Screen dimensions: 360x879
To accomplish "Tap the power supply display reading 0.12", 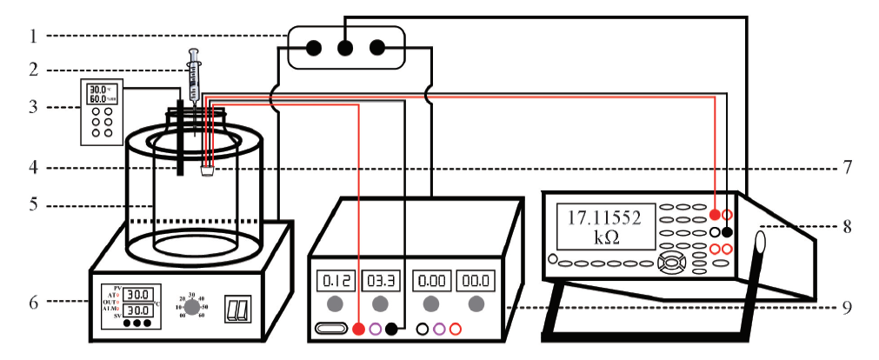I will pyautogui.click(x=334, y=281).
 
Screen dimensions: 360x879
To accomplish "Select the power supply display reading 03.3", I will pyautogui.click(x=379, y=281).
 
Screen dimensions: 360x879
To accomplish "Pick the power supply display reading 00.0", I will pyautogui.click(x=476, y=281).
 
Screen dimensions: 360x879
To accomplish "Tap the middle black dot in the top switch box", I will pyautogui.click(x=345, y=47).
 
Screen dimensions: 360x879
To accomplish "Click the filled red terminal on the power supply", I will pyautogui.click(x=358, y=329).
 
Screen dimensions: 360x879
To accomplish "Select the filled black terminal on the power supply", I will pyautogui.click(x=392, y=329).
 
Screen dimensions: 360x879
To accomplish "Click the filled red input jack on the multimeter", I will pyautogui.click(x=715, y=214).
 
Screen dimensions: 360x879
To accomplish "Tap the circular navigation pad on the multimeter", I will pyautogui.click(x=670, y=263).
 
